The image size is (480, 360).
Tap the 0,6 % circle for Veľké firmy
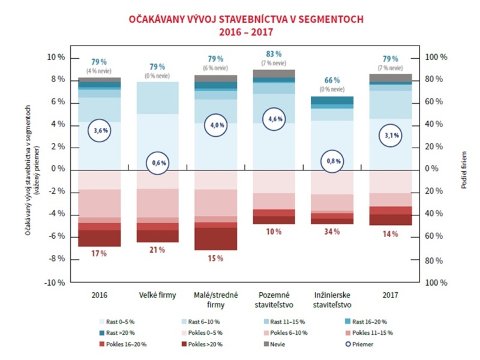[159, 163]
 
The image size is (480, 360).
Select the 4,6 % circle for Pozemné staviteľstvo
[274, 119]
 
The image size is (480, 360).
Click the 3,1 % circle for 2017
[391, 136]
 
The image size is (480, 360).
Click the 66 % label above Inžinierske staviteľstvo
[332, 80]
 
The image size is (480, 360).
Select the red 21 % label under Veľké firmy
[157, 250]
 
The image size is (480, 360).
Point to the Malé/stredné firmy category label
[215, 299]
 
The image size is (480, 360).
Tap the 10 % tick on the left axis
[55, 58]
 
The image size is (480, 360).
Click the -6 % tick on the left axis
[55, 236]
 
